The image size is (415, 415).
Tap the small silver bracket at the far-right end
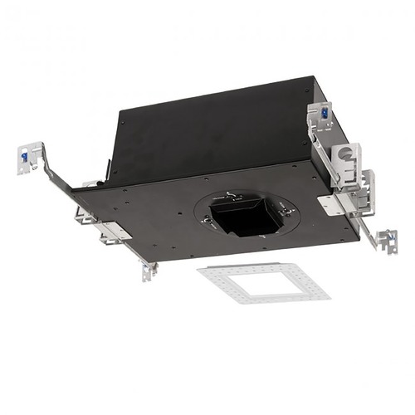click(x=386, y=240)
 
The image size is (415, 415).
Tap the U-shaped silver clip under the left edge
click(x=84, y=216)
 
